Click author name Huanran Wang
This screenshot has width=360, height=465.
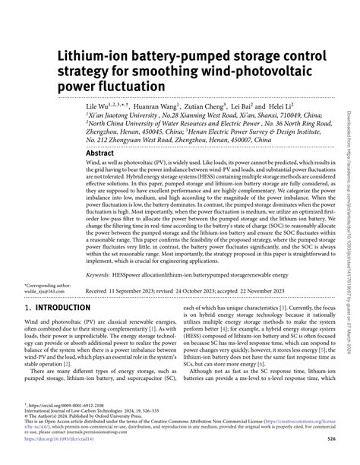pyautogui.click(x=156, y=108)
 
